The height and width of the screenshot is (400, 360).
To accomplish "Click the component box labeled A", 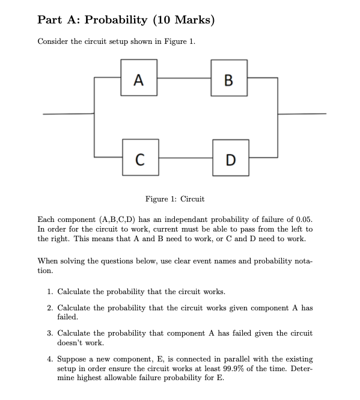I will [x=139, y=78].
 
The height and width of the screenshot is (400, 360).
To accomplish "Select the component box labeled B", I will [x=229, y=78].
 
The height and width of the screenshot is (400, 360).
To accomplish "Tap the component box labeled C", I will [x=139, y=158].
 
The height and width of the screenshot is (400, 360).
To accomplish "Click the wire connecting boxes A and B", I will [x=184, y=78].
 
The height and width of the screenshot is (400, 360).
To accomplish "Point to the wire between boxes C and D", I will [x=184, y=158].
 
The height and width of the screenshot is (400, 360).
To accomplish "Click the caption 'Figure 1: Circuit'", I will [x=174, y=199].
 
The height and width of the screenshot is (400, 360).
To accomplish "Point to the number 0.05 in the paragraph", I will [x=303, y=220].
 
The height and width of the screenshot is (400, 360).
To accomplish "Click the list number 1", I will [x=50, y=292].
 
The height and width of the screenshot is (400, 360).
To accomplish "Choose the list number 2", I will [x=50, y=308].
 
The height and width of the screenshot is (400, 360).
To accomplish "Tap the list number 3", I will [x=50, y=333].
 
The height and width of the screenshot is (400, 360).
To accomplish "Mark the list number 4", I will [x=50, y=358].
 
